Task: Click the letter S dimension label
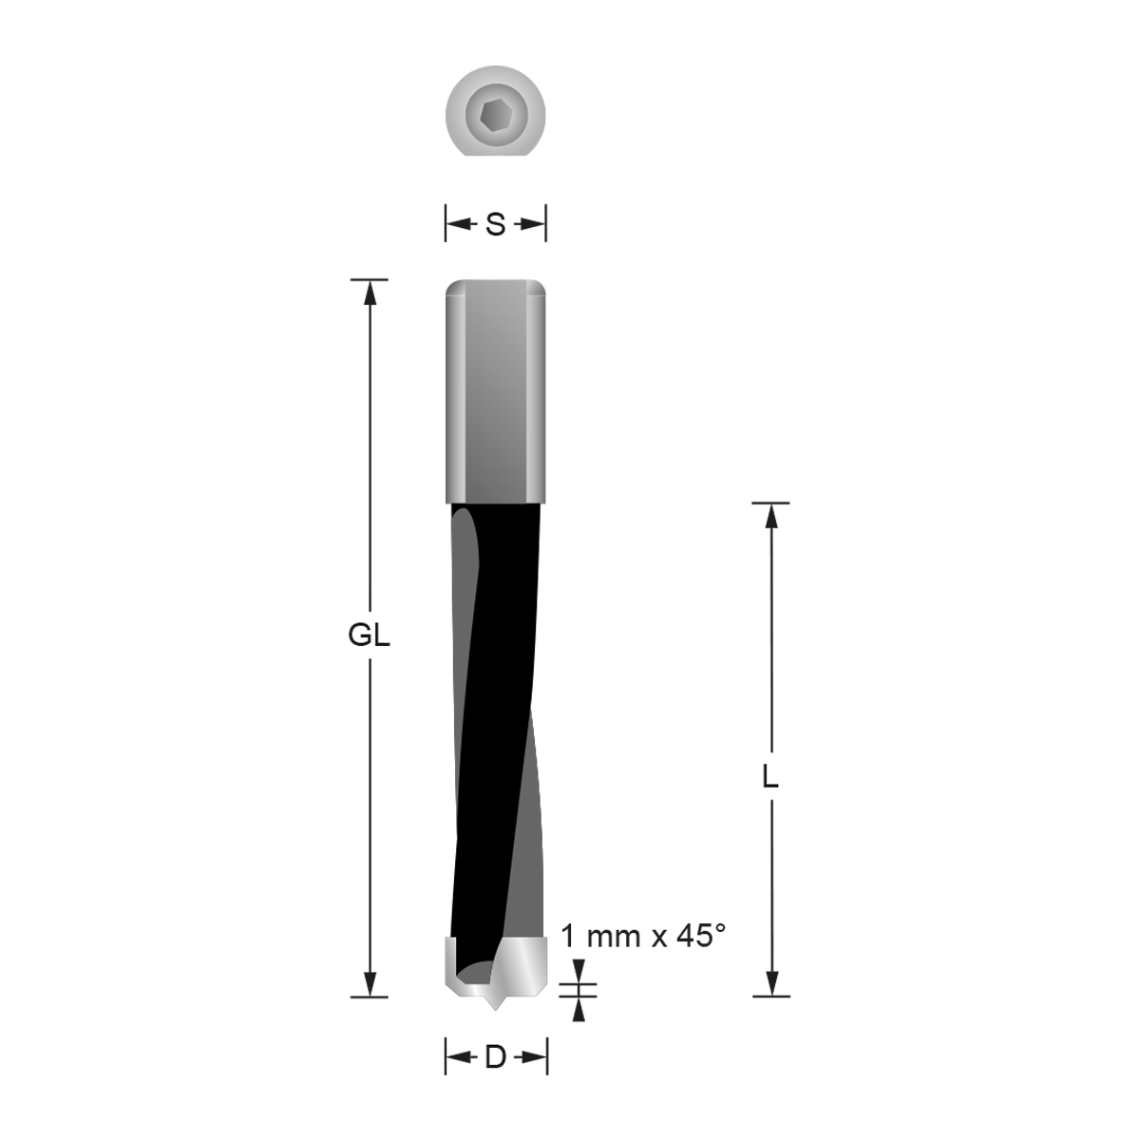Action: tap(496, 225)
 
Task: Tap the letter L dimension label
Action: tap(770, 778)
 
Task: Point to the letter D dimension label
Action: tap(495, 1057)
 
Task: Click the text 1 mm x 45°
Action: tap(643, 937)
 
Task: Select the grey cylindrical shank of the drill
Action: tap(496, 389)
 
